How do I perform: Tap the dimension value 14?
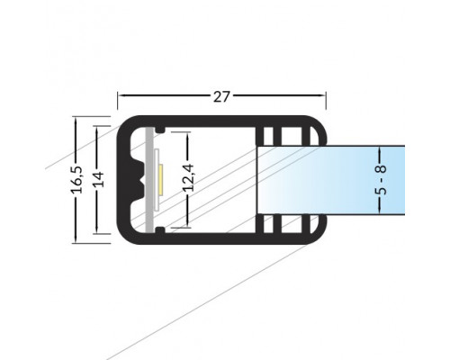(98, 179)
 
